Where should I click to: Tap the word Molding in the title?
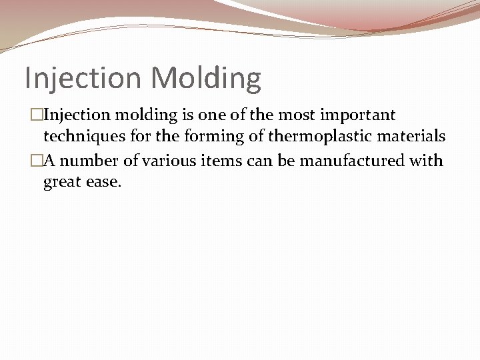coord(206,78)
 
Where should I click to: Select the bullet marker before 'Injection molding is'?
coord(37,115)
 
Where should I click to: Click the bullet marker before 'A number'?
coord(37,161)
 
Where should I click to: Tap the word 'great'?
coord(63,183)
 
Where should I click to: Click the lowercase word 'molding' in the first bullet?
coord(141,115)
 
